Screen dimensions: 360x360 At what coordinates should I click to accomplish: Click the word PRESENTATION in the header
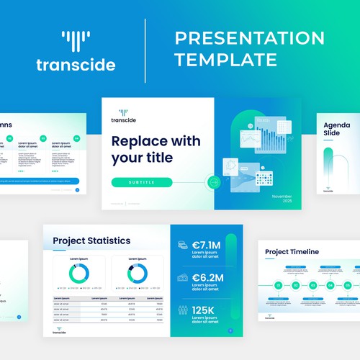pyautogui.click(x=249, y=38)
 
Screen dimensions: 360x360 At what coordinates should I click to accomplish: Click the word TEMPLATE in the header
pyautogui.click(x=226, y=60)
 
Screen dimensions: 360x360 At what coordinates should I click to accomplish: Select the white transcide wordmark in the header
pyautogui.click(x=76, y=65)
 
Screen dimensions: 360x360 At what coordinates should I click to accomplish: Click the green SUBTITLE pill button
pyautogui.click(x=142, y=182)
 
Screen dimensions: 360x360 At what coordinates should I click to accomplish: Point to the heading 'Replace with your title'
pyautogui.click(x=156, y=149)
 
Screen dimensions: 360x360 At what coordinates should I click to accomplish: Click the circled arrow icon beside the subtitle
pyautogui.click(x=214, y=182)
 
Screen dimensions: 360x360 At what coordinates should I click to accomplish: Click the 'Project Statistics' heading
pyautogui.click(x=92, y=240)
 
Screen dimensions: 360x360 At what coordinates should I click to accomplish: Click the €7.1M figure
pyautogui.click(x=208, y=246)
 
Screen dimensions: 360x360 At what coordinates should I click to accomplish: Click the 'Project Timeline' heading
pyautogui.click(x=292, y=252)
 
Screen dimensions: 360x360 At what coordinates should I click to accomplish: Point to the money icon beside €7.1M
pyautogui.click(x=183, y=246)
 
